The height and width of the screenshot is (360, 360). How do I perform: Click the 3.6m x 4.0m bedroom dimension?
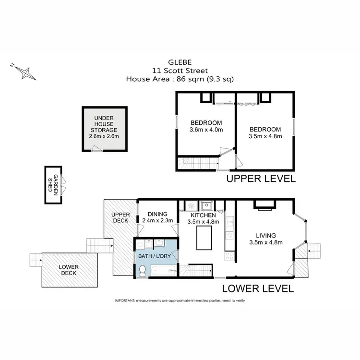point(206,130)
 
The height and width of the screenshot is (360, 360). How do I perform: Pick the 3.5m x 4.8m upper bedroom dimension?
point(265,136)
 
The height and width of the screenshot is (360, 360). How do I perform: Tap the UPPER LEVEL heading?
point(261,179)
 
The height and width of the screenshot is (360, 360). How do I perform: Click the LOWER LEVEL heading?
point(258,288)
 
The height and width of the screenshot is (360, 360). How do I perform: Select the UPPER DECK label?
point(120,217)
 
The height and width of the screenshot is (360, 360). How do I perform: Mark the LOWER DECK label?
point(69,270)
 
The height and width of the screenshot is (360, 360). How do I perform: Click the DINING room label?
point(157,214)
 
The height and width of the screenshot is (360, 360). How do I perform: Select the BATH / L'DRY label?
point(155,256)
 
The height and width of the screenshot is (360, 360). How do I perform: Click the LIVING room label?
point(265,235)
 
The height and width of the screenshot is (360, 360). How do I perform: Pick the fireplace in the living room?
point(265,204)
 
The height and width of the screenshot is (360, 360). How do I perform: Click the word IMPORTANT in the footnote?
point(124,300)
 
